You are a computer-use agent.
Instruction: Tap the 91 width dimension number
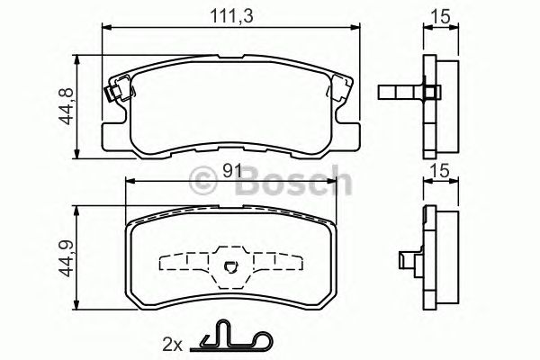coord(231,168)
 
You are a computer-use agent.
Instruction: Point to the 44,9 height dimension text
coord(65,255)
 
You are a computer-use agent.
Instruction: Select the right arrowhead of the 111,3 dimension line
coord(356,29)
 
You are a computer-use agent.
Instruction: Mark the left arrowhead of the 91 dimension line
coord(126,183)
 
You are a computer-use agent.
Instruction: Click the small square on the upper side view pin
coord(432,92)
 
